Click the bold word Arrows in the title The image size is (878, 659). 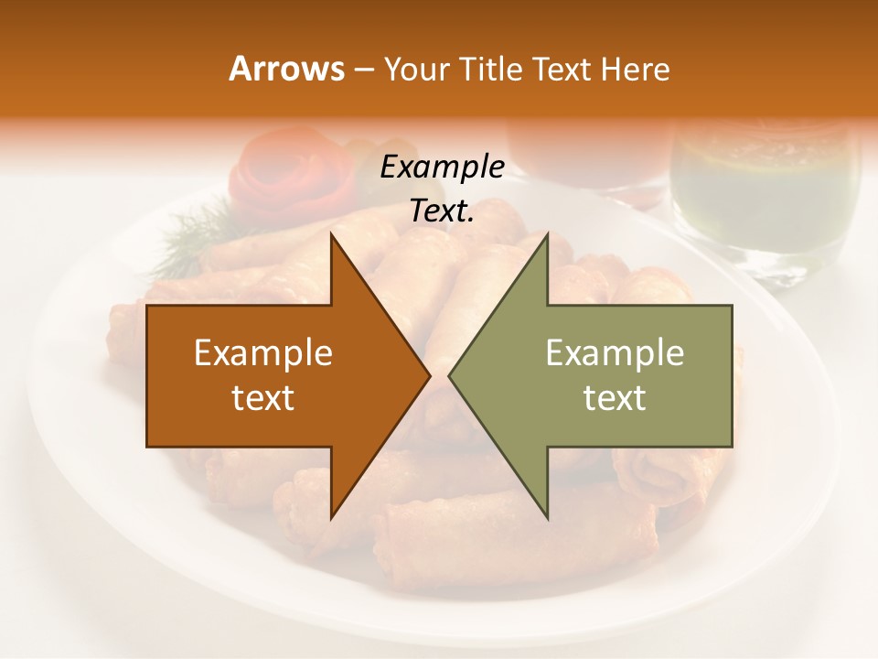286,69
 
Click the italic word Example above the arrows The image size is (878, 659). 443,167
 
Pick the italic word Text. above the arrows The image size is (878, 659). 443,211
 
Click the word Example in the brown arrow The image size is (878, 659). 263,352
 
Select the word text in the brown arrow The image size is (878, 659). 263,398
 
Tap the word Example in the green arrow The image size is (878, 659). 615,352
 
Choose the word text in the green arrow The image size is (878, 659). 615,398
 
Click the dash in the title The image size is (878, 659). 363,70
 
